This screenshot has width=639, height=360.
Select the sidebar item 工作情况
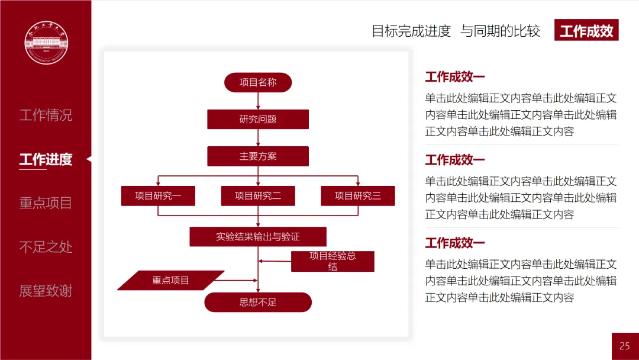(46, 115)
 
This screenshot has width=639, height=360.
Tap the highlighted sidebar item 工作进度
(46, 159)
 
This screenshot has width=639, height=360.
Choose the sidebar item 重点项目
(46, 203)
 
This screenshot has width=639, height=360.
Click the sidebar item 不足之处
(46, 247)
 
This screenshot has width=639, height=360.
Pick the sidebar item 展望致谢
(46, 291)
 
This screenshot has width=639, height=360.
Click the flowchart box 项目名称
(258, 82)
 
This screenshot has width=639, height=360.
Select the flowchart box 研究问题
(258, 119)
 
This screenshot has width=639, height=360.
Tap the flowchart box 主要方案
(258, 156)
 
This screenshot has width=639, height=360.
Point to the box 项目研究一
(158, 196)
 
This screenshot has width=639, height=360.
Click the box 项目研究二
(258, 196)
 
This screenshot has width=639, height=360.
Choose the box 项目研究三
(357, 196)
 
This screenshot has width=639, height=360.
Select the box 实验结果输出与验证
(258, 237)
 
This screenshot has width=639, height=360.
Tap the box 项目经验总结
(333, 261)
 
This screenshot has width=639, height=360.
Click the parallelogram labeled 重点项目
(170, 280)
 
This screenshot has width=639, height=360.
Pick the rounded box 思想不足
(258, 302)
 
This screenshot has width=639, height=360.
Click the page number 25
(625, 346)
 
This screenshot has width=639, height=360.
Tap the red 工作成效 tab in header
(586, 31)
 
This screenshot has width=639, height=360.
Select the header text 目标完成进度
(411, 31)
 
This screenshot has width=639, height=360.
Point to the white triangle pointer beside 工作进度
(89, 159)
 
